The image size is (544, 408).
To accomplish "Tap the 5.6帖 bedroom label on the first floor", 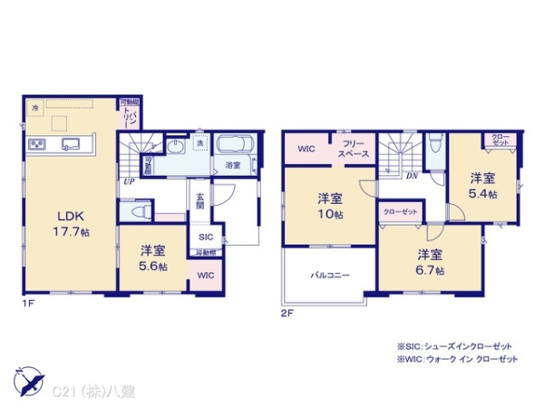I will coord(152,256).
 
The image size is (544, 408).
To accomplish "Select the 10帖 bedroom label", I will coord(329,205).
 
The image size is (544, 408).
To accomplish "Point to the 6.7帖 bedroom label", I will coord(430,261).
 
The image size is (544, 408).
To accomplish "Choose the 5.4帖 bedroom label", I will coord(482,186).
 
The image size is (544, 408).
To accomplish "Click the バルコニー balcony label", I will coord(330,273).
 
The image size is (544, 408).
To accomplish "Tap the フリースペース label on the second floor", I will coord(355,150).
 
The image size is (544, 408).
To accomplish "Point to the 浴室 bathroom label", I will coord(233,165).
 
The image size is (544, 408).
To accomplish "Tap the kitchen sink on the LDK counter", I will coord(70,144).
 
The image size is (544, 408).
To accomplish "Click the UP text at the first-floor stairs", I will coord(129,181).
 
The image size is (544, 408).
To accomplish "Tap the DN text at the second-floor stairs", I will coord(412,176).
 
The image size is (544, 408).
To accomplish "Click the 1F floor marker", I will coord(29,302).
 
